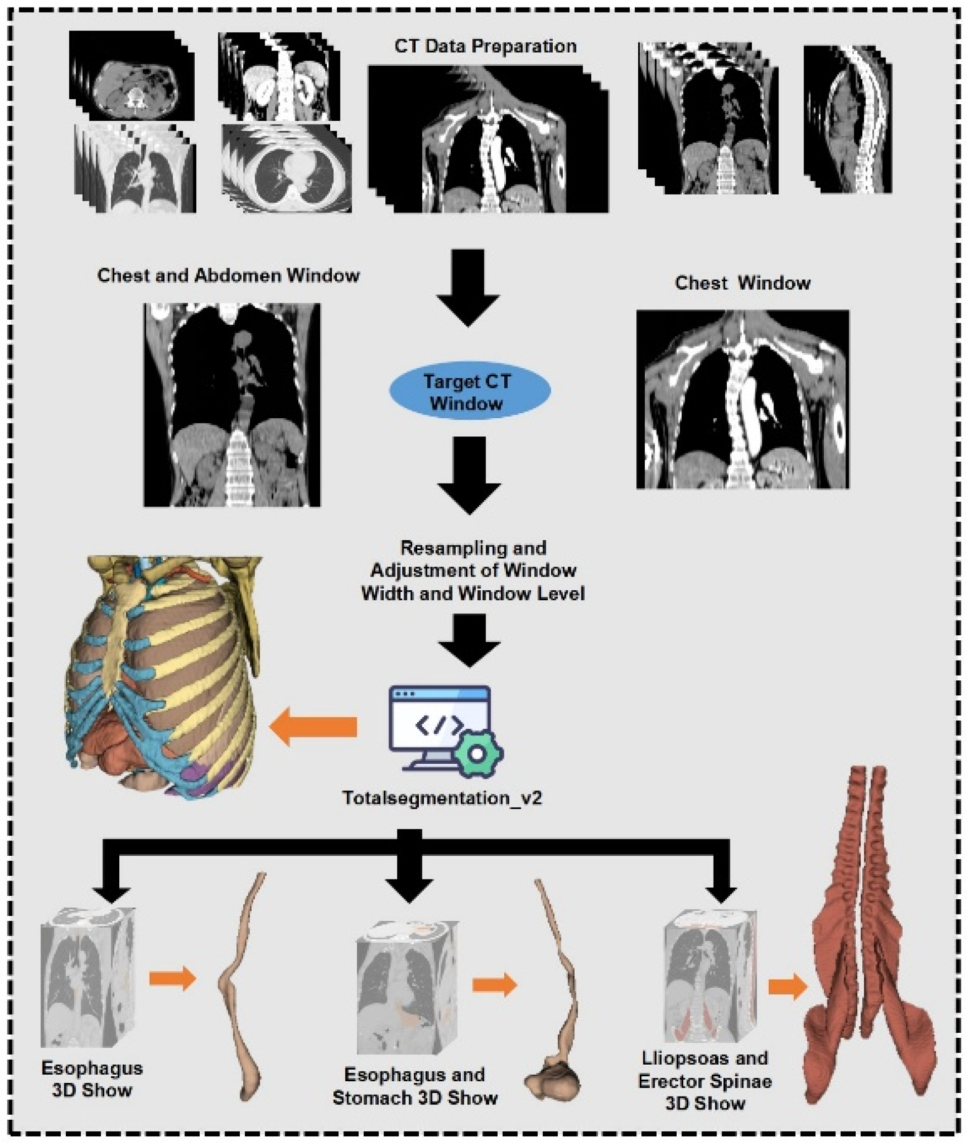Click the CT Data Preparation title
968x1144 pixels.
tap(485, 46)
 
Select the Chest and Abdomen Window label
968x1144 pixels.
tap(228, 275)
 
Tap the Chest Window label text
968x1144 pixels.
tap(742, 283)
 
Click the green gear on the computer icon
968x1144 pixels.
tap(476, 754)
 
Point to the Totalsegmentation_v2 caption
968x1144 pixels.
tap(443, 797)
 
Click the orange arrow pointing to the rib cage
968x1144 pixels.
tap(313, 726)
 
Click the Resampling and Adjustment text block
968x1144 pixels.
tap(473, 570)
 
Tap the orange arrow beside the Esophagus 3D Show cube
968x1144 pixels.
tap(172, 977)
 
